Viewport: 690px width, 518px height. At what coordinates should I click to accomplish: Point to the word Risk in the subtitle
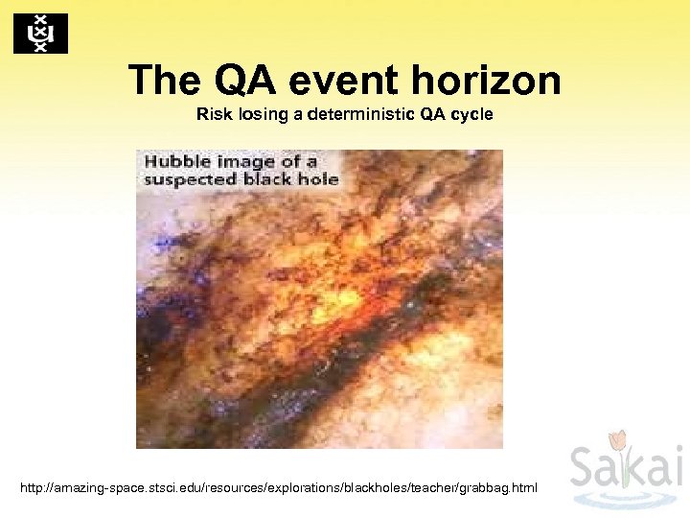click(x=213, y=114)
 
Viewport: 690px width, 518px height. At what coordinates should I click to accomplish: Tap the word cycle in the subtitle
click(x=471, y=114)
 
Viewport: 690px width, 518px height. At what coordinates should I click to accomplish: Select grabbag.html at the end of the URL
click(x=500, y=489)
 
